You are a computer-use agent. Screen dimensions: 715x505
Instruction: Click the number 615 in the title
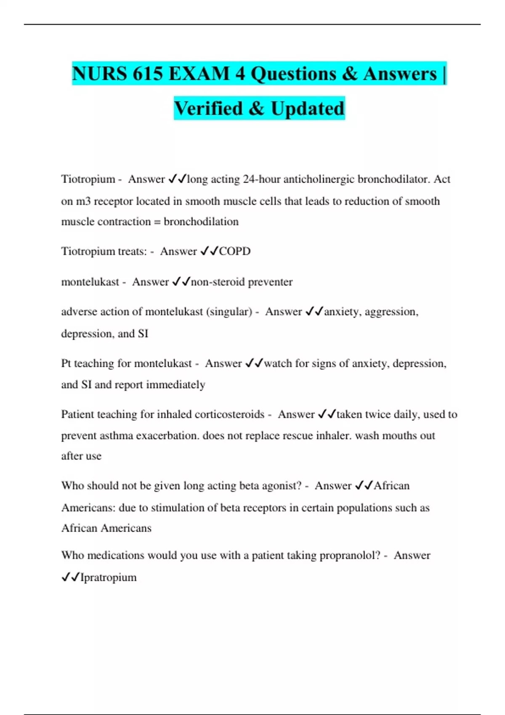tap(148, 74)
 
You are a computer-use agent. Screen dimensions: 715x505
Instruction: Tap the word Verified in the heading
tap(209, 109)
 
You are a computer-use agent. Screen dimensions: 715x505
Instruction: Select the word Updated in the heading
tap(308, 109)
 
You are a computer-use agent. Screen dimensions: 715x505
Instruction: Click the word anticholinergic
tap(319, 179)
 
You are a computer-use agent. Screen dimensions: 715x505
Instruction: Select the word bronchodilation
tap(201, 222)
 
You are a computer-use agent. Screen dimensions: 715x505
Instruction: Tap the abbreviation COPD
tap(235, 252)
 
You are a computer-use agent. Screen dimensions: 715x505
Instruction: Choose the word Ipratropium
tap(109, 577)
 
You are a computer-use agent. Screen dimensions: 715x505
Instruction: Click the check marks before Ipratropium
tap(70, 577)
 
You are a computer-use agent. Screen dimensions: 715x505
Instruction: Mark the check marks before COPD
tap(209, 252)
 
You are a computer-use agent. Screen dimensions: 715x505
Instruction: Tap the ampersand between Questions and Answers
tap(349, 74)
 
